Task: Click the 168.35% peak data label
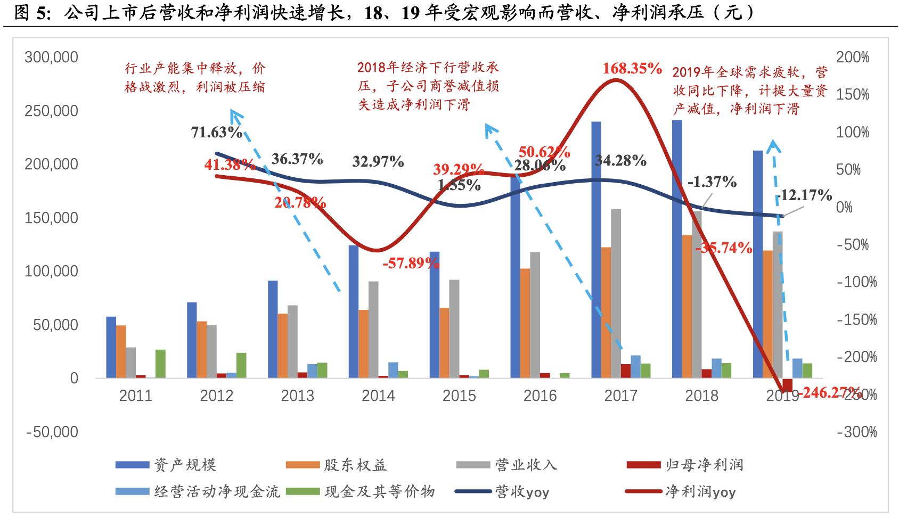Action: (x=632, y=69)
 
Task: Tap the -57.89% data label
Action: (x=411, y=263)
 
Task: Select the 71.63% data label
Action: (x=217, y=132)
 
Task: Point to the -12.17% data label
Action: (x=804, y=195)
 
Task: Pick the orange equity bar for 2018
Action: (x=686, y=306)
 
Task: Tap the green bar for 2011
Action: (x=160, y=364)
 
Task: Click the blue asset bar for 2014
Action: (x=354, y=311)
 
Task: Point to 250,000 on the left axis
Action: (x=51, y=111)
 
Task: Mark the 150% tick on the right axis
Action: (x=853, y=95)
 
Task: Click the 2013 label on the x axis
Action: (x=298, y=396)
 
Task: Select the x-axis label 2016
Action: (x=540, y=396)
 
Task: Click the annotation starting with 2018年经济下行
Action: (x=428, y=86)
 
